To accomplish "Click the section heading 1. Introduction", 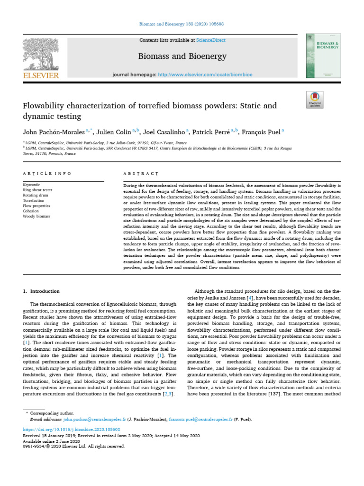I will [x=42, y=291].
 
